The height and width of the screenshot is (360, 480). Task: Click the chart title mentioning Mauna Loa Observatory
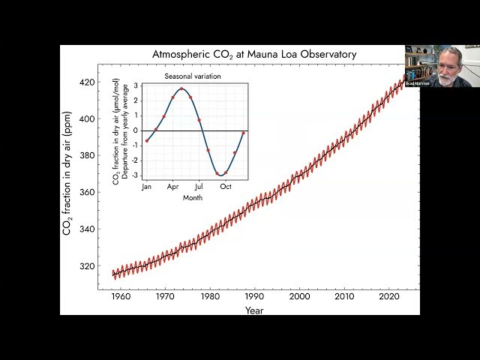click(x=254, y=55)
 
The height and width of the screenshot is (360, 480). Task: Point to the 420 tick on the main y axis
click(x=88, y=82)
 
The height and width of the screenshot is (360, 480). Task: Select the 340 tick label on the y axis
click(x=88, y=229)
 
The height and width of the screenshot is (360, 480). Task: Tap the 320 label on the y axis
click(x=88, y=265)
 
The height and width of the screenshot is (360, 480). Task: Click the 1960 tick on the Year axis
click(x=121, y=297)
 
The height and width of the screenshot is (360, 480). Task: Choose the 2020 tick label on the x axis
click(x=388, y=297)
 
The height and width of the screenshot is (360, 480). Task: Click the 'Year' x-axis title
click(x=254, y=310)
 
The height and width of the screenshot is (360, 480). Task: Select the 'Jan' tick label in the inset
click(x=147, y=186)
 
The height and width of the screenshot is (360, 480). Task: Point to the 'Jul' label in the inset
click(x=199, y=186)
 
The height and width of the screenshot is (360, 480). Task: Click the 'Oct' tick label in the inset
click(x=226, y=186)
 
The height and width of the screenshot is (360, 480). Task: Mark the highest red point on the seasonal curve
click(x=181, y=88)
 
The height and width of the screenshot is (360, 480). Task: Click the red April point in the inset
click(x=172, y=97)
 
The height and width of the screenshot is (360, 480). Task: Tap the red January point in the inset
click(x=147, y=140)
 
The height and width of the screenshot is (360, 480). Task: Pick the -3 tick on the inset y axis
click(x=135, y=175)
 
